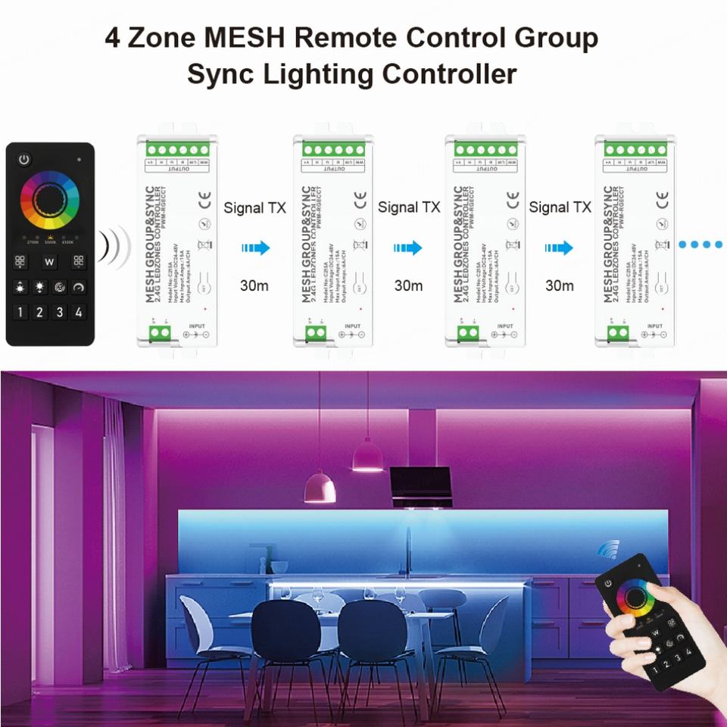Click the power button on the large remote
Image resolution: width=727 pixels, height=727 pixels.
click(x=24, y=160)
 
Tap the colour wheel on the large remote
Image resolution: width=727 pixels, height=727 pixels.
click(x=50, y=200)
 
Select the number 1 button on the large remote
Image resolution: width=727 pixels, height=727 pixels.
click(x=20, y=311)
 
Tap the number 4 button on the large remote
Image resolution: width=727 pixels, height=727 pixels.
click(x=78, y=311)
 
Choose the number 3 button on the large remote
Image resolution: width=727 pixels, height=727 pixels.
click(x=59, y=311)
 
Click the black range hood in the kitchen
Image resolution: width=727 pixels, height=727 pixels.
click(x=421, y=485)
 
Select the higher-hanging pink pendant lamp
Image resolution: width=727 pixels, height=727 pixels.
click(x=368, y=454)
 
